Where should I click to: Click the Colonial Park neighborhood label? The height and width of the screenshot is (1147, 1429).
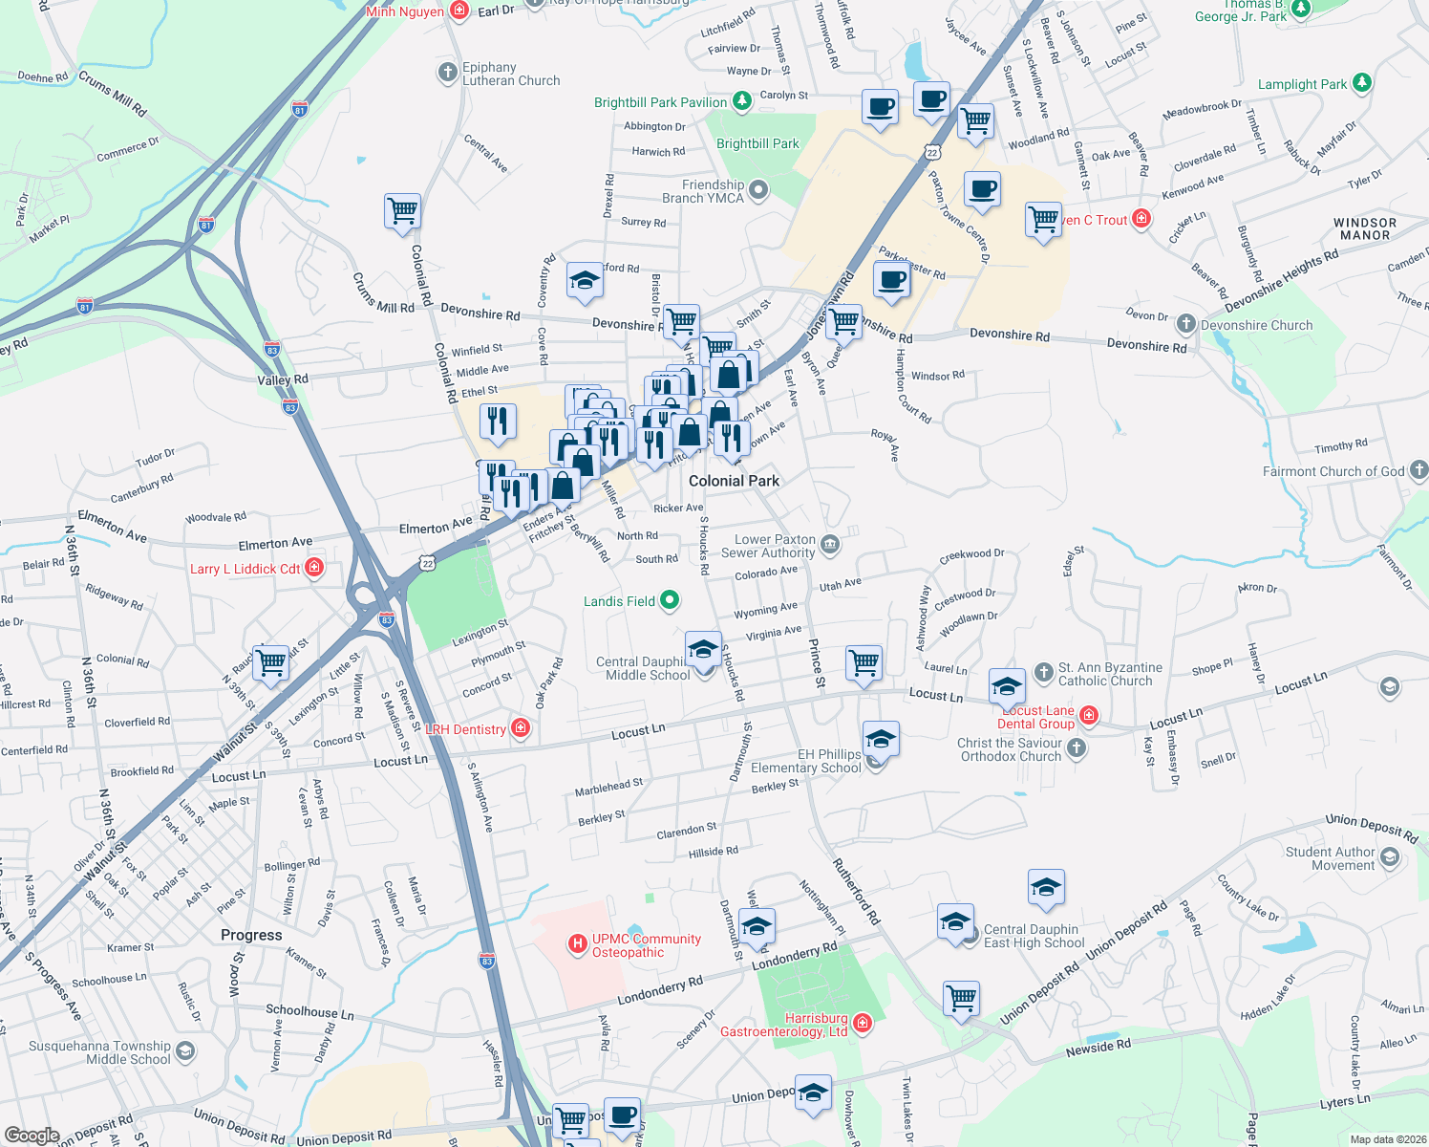click(734, 481)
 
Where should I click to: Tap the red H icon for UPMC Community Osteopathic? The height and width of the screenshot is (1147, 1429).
click(577, 944)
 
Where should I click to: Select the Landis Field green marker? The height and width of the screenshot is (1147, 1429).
click(670, 600)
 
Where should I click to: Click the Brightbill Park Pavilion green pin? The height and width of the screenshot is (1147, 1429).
click(742, 101)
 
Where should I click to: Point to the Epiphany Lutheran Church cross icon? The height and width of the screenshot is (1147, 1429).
click(447, 73)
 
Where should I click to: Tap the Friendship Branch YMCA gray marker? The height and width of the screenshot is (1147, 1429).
click(758, 190)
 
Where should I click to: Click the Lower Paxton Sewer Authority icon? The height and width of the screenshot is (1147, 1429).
click(830, 545)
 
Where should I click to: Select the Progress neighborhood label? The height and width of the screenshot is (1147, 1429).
click(251, 935)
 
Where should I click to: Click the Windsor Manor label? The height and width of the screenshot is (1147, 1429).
click(1364, 228)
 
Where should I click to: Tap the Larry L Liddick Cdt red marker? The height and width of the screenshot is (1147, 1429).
click(314, 568)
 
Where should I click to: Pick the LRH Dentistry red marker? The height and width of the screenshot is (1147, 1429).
click(521, 728)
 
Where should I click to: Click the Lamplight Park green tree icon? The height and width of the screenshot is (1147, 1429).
click(1361, 83)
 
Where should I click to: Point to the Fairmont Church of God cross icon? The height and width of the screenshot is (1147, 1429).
click(1418, 470)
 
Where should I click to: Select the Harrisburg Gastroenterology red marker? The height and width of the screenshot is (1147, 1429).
click(863, 1024)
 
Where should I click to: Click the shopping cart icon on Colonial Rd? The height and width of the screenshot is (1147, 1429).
click(402, 210)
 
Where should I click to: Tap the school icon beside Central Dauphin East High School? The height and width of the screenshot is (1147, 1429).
click(955, 923)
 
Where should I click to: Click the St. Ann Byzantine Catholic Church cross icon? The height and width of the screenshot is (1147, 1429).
click(1043, 673)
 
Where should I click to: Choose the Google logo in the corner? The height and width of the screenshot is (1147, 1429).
click(32, 1135)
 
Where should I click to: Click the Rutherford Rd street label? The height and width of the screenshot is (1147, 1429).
click(856, 891)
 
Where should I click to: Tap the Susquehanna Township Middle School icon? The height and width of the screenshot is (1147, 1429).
click(185, 1051)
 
